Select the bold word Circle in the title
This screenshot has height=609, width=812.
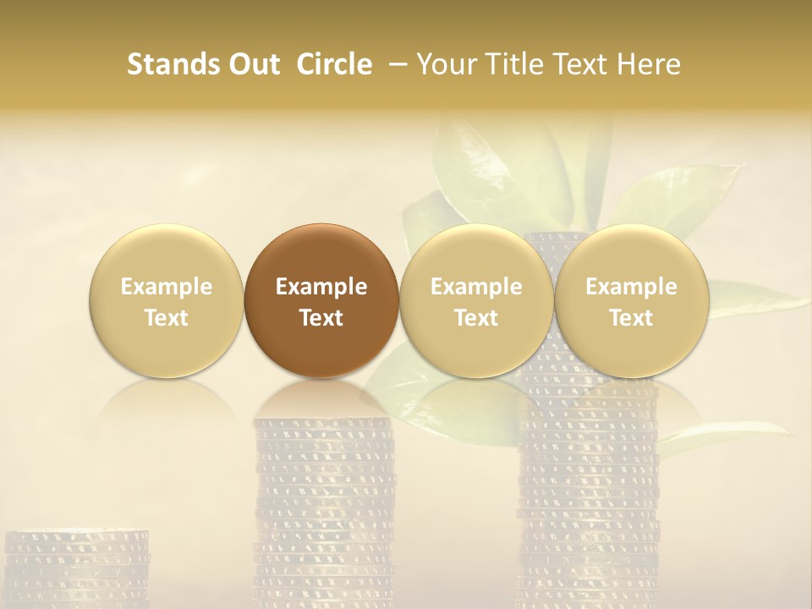pos(334,64)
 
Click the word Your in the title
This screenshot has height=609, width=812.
pos(444,64)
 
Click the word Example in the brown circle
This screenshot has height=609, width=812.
pos(321,287)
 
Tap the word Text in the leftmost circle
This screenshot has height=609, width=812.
pos(166,318)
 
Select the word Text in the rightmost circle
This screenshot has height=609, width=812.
pos(631,318)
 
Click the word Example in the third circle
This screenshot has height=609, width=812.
pos(476,287)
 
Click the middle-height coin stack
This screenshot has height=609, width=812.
pos(324,507)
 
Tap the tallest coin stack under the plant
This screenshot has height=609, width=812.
pos(587,491)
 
